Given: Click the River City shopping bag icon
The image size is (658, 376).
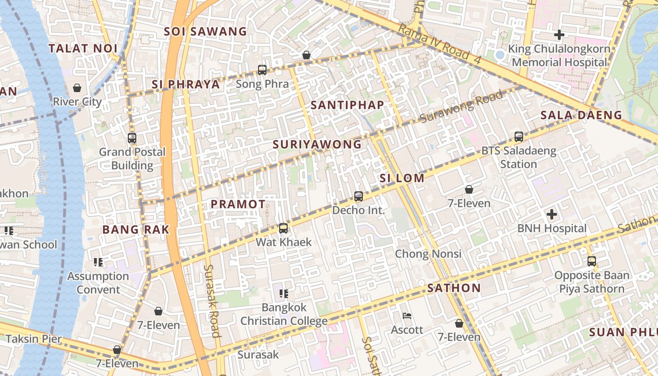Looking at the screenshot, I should pos(77,88).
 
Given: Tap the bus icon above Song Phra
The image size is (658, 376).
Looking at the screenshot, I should pos(262,70).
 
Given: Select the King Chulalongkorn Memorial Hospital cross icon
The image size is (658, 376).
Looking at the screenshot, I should pos(559,35).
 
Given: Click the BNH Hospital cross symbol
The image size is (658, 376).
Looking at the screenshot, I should pos(552,215).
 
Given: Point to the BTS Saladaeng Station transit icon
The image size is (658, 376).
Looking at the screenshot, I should pos(519,137).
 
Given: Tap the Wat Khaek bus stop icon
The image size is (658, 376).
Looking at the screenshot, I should pos(283,228).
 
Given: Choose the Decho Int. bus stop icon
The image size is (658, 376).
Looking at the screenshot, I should pos(359,196).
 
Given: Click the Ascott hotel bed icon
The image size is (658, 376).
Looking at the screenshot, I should pos(407,316).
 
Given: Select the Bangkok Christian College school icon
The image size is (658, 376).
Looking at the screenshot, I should pos(284,294).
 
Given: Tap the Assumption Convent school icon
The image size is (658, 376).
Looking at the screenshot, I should pos(98,262).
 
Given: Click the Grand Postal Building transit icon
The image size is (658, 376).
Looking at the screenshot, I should pos(132,138).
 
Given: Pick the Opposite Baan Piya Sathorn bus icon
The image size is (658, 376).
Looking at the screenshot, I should pos(592,261).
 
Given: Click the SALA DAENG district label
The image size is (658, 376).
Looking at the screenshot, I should pos(581,115).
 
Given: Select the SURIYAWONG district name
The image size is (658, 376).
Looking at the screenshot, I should pos(317,144).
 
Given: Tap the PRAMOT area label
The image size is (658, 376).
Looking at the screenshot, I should pos(238,204).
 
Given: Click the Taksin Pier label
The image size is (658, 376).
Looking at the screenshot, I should pos(33,339).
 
